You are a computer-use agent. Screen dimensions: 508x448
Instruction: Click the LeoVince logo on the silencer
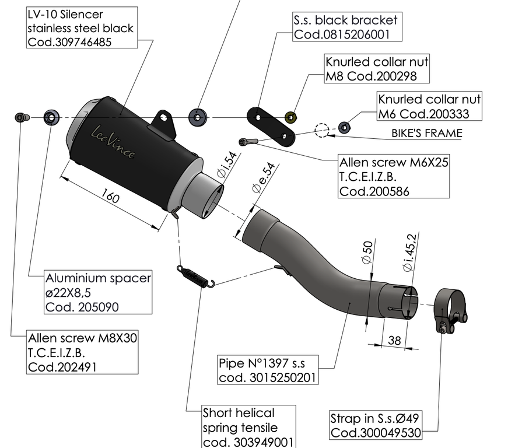[x=113, y=142]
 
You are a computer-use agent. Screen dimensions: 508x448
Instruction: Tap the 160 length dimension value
[x=110, y=195]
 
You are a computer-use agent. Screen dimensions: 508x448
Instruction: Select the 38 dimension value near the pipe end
[x=394, y=341]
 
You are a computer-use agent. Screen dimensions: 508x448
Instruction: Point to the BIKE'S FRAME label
[x=427, y=133]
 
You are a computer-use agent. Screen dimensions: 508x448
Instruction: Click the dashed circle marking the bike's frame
[x=322, y=130]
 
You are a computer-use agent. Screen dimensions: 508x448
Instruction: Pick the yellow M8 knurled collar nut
[x=291, y=118]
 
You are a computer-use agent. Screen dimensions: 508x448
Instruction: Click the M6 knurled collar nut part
[x=344, y=127]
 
